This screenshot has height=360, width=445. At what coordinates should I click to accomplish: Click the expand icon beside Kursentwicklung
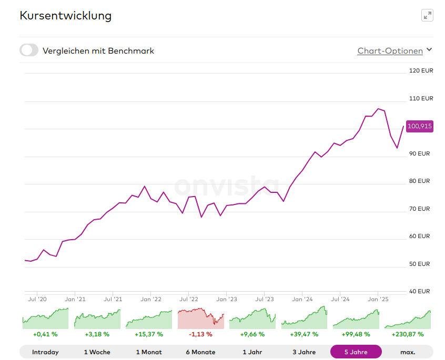pos(427,15)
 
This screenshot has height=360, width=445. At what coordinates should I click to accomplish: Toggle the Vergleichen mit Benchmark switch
pos(29,50)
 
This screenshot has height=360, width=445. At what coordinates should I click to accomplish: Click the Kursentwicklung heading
pos(66,16)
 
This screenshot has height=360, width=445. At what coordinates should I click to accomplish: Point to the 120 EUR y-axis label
pos(421,70)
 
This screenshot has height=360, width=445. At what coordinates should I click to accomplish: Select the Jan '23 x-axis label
pos(227,299)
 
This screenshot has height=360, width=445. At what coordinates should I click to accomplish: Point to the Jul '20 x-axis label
pos(37,299)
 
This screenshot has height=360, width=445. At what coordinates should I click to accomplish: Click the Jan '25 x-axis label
pos(378,299)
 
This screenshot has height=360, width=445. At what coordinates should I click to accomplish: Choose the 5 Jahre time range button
pos(356,352)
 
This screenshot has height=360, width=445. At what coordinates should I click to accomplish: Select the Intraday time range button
pos(45,352)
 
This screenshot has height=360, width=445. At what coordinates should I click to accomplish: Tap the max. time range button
pos(407,352)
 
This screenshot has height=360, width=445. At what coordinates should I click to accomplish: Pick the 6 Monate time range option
pos(200,352)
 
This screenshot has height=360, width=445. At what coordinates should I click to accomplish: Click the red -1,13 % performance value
pos(200,334)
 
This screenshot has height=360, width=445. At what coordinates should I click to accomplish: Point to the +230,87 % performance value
pos(408,334)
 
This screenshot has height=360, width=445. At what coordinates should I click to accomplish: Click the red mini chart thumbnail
pos(200,318)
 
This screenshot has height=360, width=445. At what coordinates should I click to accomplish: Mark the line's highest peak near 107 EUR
pos(378,109)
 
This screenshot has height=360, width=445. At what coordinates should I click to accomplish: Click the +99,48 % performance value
pos(356,334)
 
